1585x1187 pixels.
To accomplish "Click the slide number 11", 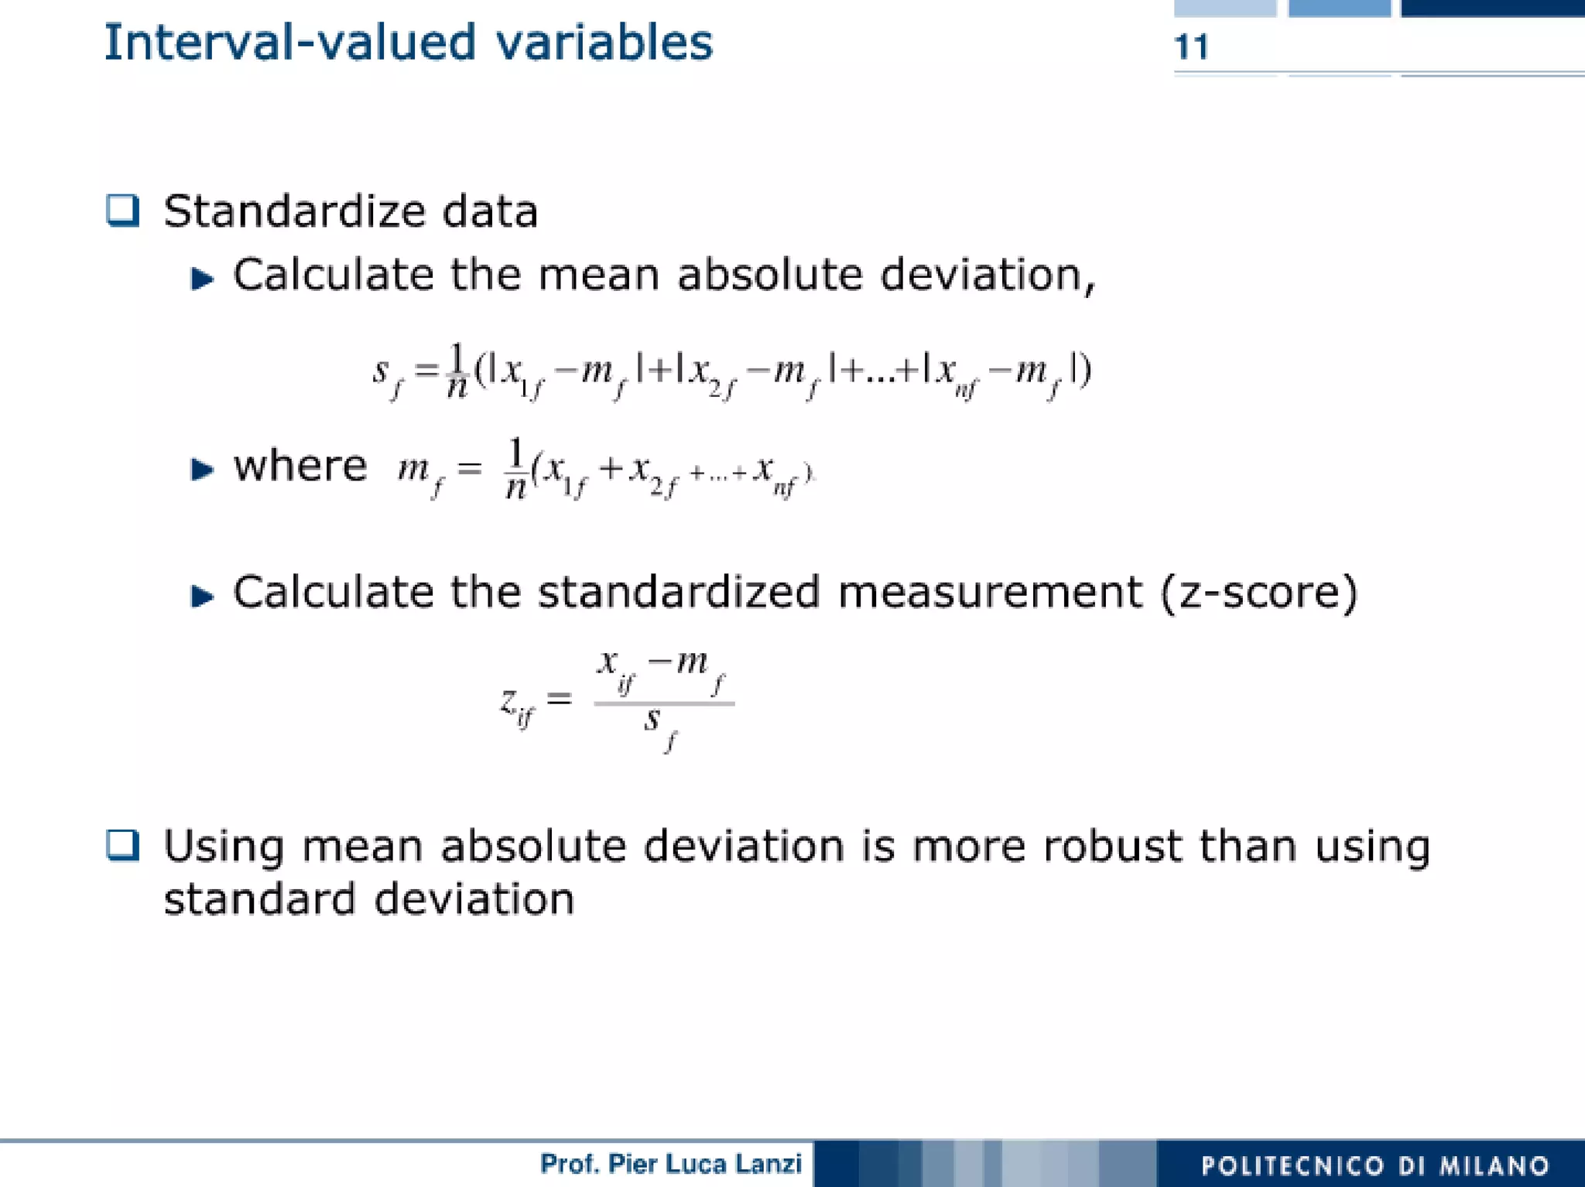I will click(1191, 47).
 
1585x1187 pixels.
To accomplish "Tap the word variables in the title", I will click(604, 43).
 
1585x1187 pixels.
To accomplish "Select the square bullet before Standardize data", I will click(123, 210).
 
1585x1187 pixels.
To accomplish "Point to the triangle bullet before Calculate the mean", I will click(202, 278).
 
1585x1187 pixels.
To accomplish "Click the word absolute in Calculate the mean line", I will click(769, 275).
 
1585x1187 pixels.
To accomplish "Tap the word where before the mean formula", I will click(300, 467).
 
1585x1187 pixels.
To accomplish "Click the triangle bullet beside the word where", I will click(202, 469).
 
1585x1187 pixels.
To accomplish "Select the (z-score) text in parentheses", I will click(1258, 593).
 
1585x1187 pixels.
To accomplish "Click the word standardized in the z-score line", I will click(678, 593).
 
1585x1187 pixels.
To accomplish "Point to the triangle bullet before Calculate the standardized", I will click(202, 596).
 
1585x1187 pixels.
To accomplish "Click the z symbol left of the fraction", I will click(509, 701).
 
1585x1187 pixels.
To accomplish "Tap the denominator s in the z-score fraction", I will click(652, 720).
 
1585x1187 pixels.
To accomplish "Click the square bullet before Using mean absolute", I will click(123, 845).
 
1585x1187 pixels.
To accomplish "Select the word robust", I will click(1112, 846).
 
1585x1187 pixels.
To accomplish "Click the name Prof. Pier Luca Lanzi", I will click(670, 1164).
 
